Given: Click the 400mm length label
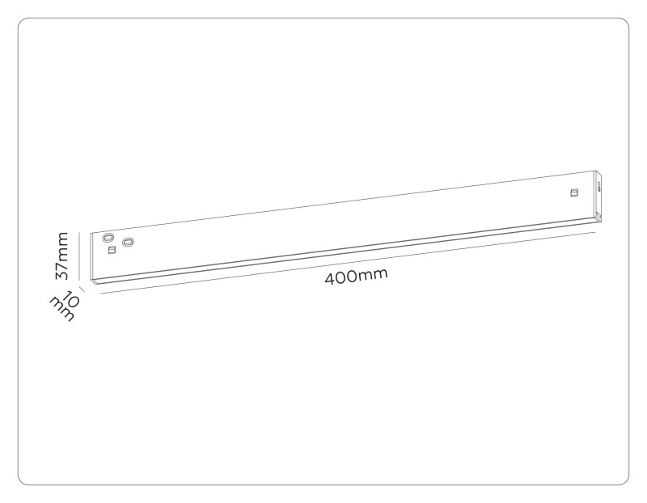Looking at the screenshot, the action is click(356, 276).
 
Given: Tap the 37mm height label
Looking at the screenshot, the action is click(62, 256).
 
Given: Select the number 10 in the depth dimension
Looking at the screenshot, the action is click(70, 299).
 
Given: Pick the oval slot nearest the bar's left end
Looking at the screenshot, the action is click(108, 238).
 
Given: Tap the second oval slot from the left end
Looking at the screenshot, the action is click(129, 242).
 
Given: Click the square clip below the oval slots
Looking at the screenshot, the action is click(111, 250).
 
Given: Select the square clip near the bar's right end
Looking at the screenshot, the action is click(573, 192).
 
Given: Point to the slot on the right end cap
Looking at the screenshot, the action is click(598, 185).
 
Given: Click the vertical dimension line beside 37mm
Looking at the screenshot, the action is click(78, 256).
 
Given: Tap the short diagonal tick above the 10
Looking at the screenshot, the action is click(82, 290).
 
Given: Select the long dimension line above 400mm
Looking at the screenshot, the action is click(349, 264).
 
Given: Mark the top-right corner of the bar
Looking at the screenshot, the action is click(596, 171).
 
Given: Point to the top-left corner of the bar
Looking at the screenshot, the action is click(91, 233).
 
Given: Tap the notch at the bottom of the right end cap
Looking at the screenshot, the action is click(598, 214).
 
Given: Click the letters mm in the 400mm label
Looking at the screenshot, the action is click(373, 274).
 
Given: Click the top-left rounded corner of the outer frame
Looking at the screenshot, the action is click(22, 22).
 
